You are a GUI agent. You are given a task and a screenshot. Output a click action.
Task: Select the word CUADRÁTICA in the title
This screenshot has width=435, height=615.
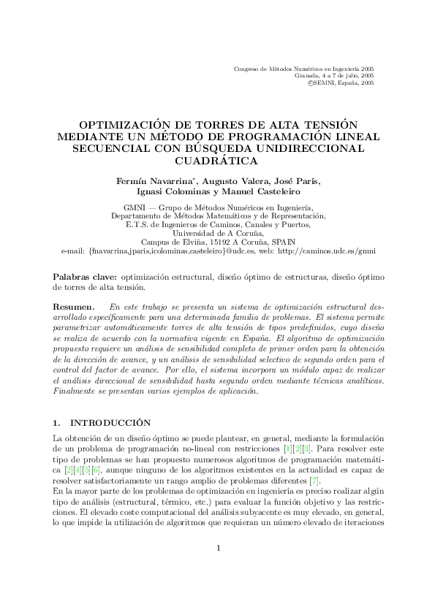coord(217,161)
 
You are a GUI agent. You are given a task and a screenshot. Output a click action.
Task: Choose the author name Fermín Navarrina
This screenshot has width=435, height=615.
coord(156,181)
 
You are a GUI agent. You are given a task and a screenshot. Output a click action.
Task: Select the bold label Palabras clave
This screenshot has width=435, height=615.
coord(86,278)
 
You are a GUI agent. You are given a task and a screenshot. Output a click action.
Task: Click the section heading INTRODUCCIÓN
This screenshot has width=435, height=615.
coord(110,422)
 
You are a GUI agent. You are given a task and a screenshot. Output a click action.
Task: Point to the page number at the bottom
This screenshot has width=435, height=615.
coord(217,568)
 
